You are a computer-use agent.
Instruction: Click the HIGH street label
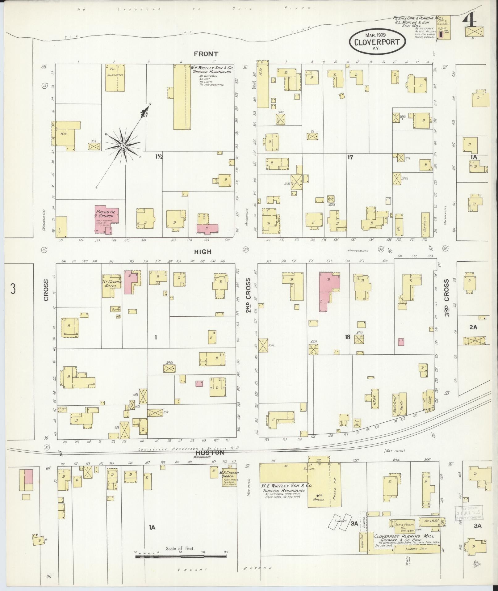pyautogui.click(x=203, y=252)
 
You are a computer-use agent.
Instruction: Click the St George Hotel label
pyautogui.click(x=112, y=284)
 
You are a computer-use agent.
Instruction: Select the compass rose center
pyautogui.click(x=123, y=146)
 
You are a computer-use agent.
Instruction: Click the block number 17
pyautogui.click(x=350, y=158)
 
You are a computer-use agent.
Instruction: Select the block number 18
pyautogui.click(x=348, y=337)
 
